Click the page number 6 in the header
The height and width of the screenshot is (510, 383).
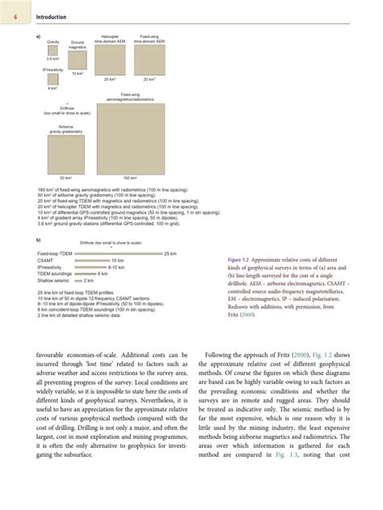click(x=15, y=15)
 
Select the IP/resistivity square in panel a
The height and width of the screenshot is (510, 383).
click(x=53, y=79)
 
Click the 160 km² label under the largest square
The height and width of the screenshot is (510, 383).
click(x=130, y=178)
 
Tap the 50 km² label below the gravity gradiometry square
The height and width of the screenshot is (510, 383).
click(x=67, y=178)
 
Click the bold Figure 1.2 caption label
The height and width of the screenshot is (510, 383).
click(x=243, y=261)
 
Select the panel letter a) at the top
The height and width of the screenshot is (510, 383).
click(x=40, y=36)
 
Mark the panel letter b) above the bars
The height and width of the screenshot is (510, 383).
click(x=40, y=240)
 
